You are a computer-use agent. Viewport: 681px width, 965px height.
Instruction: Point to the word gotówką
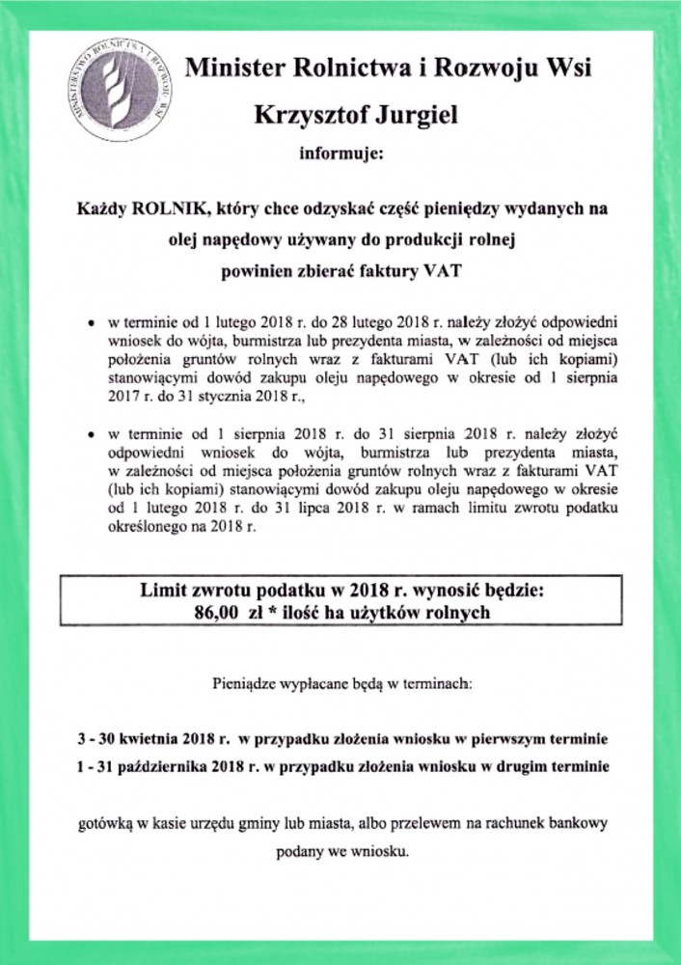106,827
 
